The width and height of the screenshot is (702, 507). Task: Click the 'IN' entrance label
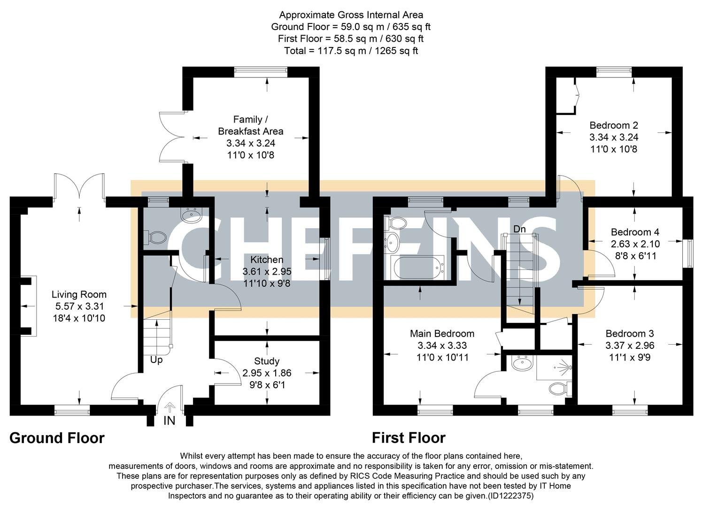point(169,421)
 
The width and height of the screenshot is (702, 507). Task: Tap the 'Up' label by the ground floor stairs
point(156,360)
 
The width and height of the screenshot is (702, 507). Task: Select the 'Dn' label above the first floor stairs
point(519,229)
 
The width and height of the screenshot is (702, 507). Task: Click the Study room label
point(267,361)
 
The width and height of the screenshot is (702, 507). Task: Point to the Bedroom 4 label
point(635,232)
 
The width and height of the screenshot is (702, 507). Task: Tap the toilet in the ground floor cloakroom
point(155,237)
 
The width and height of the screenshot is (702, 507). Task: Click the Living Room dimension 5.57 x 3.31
point(78,307)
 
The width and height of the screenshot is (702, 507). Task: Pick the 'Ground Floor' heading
point(57,438)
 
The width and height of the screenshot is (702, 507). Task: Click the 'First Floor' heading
point(409,438)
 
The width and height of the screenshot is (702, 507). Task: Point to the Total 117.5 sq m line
point(351,51)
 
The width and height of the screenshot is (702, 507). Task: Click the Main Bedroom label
point(442,333)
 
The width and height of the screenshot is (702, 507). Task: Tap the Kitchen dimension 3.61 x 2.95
point(267,271)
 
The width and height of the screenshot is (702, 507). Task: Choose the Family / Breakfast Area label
point(250,125)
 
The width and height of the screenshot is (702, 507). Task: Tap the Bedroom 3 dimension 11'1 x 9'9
point(630,357)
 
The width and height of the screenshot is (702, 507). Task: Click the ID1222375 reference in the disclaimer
point(510,496)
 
